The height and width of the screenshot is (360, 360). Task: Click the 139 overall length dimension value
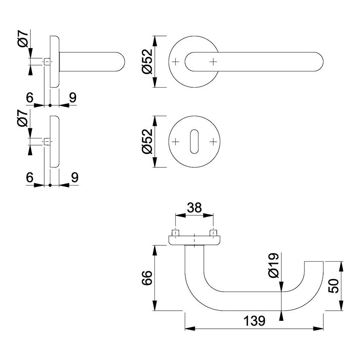click(x=254, y=321)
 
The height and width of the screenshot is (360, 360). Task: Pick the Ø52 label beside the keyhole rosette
click(x=147, y=141)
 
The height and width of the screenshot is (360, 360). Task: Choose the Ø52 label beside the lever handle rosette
click(x=147, y=62)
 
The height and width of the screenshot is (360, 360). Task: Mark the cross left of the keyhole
click(x=175, y=141)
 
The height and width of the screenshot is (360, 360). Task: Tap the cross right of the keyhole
click(x=214, y=141)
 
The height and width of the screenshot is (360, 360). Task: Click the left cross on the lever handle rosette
click(x=175, y=62)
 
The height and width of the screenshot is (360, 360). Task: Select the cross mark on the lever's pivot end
click(x=214, y=62)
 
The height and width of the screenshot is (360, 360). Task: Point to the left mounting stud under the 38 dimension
click(x=175, y=232)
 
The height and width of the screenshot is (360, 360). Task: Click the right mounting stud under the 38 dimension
click(x=214, y=232)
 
